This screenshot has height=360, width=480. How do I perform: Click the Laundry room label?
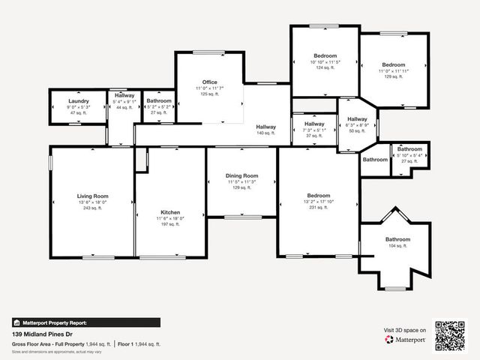point(79,100)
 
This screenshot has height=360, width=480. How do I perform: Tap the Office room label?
point(210,82)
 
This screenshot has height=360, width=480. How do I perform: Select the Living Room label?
point(93,195)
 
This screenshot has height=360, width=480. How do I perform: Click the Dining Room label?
point(241,175)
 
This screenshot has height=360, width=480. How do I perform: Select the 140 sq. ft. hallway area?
point(265,132)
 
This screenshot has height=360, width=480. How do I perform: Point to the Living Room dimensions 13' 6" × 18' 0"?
point(93,202)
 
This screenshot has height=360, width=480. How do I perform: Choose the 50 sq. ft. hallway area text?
point(357,131)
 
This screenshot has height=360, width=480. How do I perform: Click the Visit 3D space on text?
point(405,330)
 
